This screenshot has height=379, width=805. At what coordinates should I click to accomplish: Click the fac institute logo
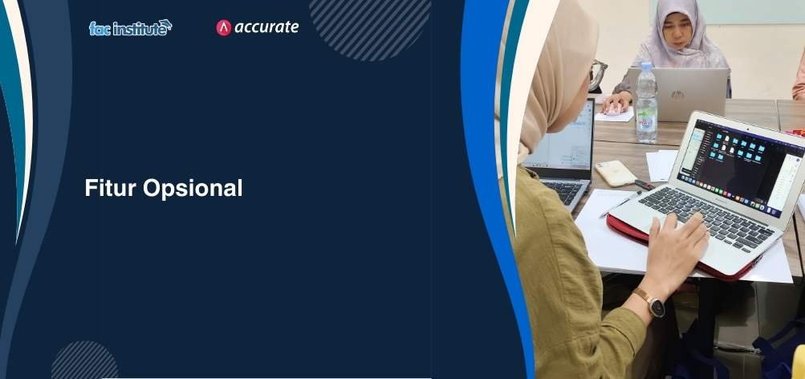[130, 28]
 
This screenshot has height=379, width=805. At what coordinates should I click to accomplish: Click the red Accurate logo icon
[224, 28]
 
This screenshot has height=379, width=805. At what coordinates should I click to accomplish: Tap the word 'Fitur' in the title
[109, 189]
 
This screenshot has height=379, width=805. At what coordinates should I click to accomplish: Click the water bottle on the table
[646, 104]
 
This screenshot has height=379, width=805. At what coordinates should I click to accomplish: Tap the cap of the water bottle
[646, 67]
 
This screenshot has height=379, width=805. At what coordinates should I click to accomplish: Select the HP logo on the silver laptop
[678, 95]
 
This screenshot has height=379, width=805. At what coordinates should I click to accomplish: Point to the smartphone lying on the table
[616, 173]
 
